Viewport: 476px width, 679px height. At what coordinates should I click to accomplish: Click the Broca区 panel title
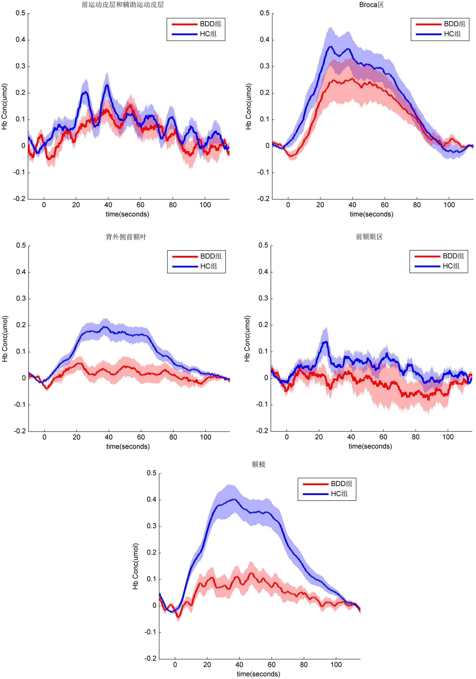371,5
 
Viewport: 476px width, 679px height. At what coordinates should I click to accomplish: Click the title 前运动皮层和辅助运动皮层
123,5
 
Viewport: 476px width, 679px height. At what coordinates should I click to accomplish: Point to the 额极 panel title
258,464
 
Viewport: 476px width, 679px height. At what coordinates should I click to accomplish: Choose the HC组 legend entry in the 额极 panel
339,494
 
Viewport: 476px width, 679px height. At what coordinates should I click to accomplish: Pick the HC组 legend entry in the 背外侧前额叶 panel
208,266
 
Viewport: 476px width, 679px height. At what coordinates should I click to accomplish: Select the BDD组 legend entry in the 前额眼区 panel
453,256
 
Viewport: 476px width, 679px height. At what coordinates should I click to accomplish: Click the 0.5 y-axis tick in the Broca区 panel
264,13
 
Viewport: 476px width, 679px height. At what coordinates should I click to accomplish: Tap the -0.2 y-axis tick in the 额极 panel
150,658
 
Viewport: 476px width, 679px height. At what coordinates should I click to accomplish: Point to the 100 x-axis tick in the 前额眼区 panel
448,437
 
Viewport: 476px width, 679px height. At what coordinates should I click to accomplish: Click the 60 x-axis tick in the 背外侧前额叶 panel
141,437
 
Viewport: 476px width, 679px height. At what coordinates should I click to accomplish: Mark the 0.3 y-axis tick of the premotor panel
20,66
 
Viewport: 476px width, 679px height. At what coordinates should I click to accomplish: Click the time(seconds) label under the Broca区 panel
371,214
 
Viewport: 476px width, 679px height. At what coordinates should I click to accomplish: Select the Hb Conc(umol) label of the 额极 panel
135,566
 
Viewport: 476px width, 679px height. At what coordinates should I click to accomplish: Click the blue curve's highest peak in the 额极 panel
234,499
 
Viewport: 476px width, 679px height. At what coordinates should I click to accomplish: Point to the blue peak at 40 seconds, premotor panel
107,85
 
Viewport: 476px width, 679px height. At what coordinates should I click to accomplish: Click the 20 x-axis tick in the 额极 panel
207,664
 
